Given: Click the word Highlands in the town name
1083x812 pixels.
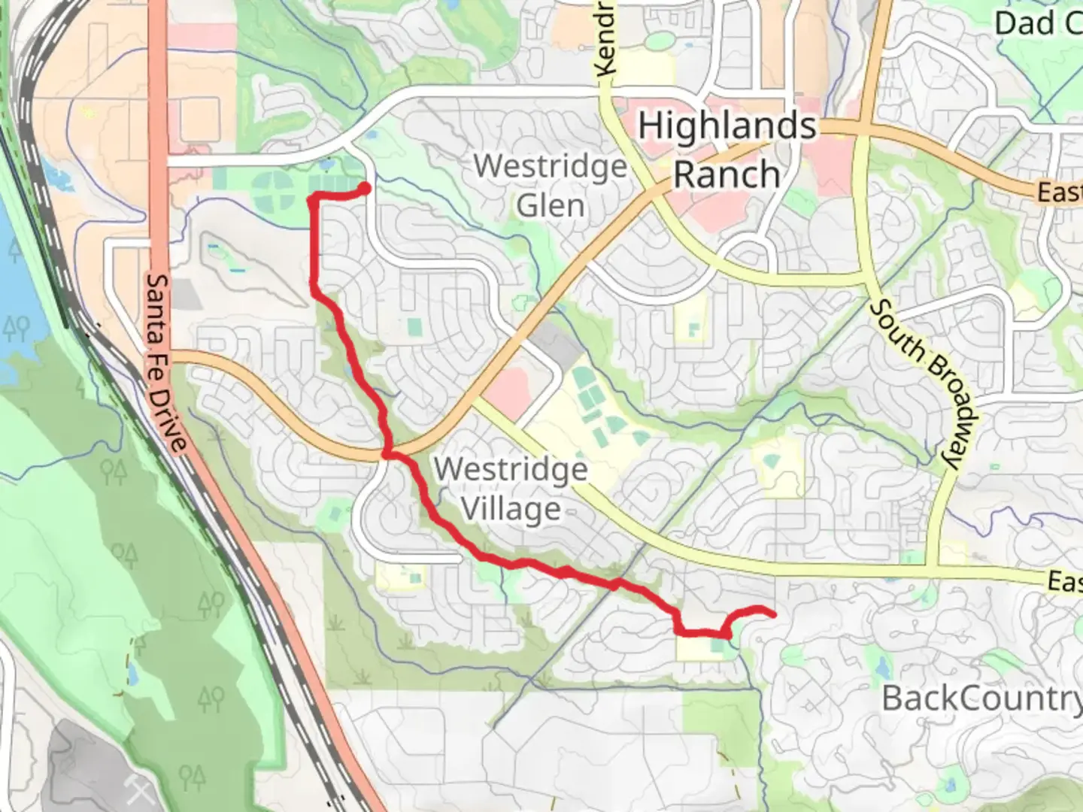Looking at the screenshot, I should pyautogui.click(x=727, y=126).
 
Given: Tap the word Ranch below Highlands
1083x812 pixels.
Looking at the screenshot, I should pyautogui.click(x=727, y=174).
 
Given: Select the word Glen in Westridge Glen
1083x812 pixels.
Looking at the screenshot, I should pyautogui.click(x=551, y=205).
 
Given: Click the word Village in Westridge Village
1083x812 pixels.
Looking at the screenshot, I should pyautogui.click(x=511, y=509).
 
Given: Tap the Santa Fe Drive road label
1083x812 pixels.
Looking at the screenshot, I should pyautogui.click(x=165, y=362).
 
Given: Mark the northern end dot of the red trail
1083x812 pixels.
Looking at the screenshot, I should pyautogui.click(x=364, y=188).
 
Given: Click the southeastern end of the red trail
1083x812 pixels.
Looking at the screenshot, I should pyautogui.click(x=772, y=615).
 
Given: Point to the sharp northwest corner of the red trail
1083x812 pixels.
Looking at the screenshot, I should pyautogui.click(x=312, y=198).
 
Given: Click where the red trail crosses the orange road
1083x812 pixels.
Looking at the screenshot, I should pyautogui.click(x=388, y=453).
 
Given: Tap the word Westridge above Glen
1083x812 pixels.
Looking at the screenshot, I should pyautogui.click(x=551, y=166).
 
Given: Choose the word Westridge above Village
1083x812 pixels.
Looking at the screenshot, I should pyautogui.click(x=511, y=469).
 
